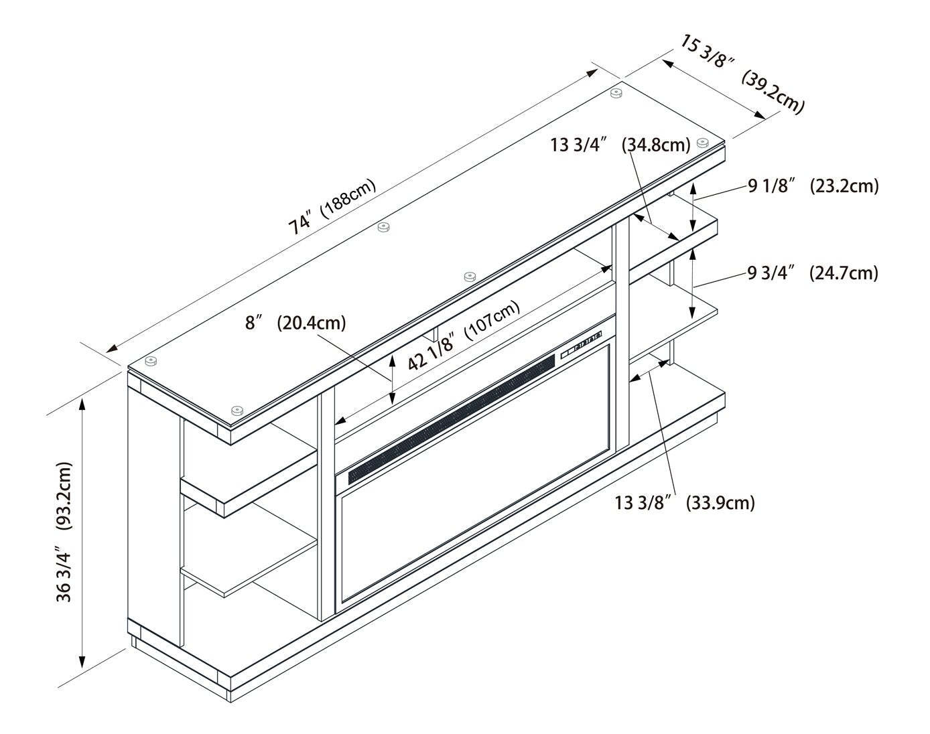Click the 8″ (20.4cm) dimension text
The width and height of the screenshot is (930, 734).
pos(295,323)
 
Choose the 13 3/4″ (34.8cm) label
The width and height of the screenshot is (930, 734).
pos(620,144)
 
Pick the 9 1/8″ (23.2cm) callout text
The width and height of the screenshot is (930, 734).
pos(813,186)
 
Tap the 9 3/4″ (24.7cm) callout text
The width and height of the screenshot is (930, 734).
pos(812,273)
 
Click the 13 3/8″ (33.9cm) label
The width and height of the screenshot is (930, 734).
pos(685,502)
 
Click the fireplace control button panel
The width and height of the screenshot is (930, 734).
pos(581,343)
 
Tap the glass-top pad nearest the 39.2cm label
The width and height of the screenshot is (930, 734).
pos(702,142)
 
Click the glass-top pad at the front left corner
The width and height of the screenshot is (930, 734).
pos(236,410)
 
